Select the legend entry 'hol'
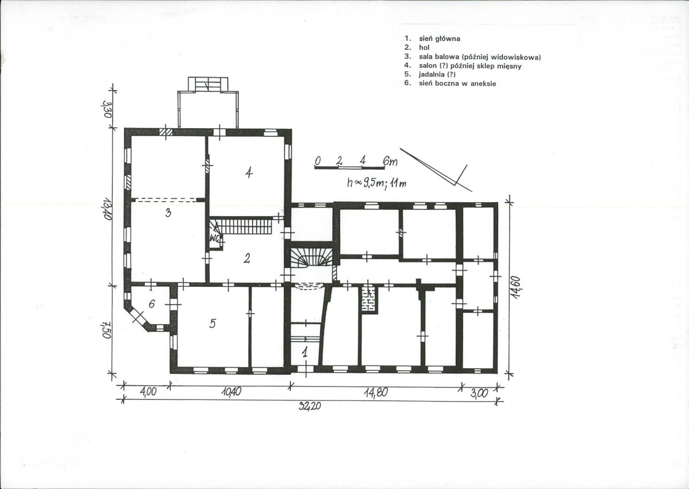click(417, 48)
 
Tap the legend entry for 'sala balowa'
click(473, 57)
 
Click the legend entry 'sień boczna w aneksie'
click(451, 83)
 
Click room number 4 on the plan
click(249, 172)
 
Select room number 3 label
click(168, 213)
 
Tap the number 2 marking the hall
click(247, 259)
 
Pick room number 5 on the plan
click(213, 324)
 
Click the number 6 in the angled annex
click(152, 303)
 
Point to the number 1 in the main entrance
click(304, 351)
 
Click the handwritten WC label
click(215, 238)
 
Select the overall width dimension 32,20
click(310, 406)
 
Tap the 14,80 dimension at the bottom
click(376, 392)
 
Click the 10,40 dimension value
click(231, 391)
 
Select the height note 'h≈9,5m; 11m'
click(377, 183)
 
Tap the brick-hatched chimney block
click(369, 299)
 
